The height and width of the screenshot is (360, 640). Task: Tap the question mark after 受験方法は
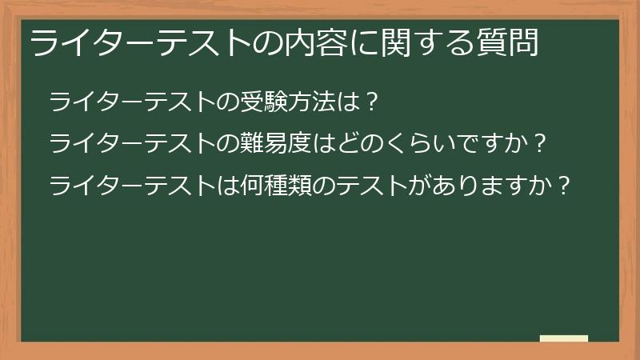[x=369, y=102]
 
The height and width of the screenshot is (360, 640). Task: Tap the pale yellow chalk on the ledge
[x=563, y=338]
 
